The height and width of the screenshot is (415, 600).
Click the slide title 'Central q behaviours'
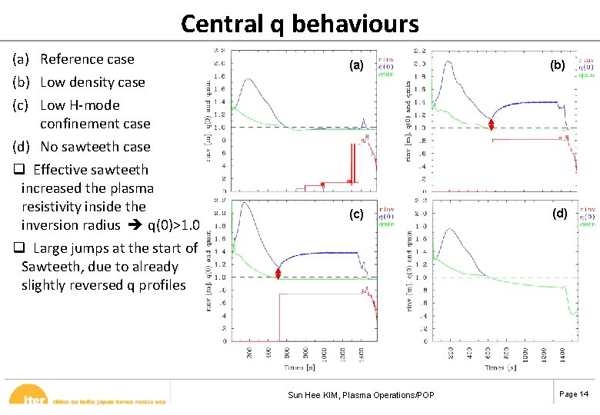[x=299, y=23]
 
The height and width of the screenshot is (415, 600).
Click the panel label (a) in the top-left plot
[x=356, y=66]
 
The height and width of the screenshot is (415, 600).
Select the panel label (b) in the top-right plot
[x=558, y=66]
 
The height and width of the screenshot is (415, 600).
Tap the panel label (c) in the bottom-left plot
[x=356, y=214]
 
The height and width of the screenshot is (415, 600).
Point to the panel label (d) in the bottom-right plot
[x=559, y=214]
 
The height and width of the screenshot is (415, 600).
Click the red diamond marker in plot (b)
[x=491, y=124]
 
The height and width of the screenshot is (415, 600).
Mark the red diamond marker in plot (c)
[x=280, y=274]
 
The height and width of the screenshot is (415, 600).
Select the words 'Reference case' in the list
[x=87, y=59]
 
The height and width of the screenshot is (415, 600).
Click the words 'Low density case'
[x=92, y=82]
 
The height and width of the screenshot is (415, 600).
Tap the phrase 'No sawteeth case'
[x=95, y=147]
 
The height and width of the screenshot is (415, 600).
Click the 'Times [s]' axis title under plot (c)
[x=298, y=368]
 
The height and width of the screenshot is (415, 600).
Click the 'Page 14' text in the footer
[x=573, y=394]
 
